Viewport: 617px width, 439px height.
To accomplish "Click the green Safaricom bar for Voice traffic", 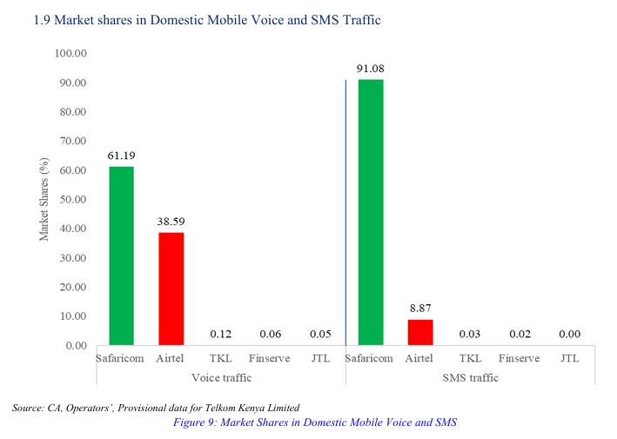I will pos(121,256).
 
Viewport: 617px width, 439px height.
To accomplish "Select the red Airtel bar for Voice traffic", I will pos(171,289).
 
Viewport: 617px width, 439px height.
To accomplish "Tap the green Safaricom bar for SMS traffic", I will pos(371,212).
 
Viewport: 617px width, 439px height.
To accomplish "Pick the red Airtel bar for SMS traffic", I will pos(420,332).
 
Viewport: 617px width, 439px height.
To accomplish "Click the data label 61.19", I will pos(121,156).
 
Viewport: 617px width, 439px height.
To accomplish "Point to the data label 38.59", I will pos(171,222).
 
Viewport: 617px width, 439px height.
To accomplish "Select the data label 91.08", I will pos(371,69).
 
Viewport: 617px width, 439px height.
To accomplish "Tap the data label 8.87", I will pos(420,309).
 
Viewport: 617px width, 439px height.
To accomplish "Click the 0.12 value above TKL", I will pos(221,334).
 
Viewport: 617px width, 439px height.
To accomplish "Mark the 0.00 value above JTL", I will pos(570,334).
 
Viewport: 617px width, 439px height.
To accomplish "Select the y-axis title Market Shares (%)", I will pos(44,199).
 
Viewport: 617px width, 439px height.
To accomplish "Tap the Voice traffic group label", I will pos(221,377).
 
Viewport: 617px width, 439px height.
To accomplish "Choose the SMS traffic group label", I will pos(470,377).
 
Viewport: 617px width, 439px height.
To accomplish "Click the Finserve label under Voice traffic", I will pos(271,358).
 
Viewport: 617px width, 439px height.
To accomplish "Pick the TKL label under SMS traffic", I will pos(470,358).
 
